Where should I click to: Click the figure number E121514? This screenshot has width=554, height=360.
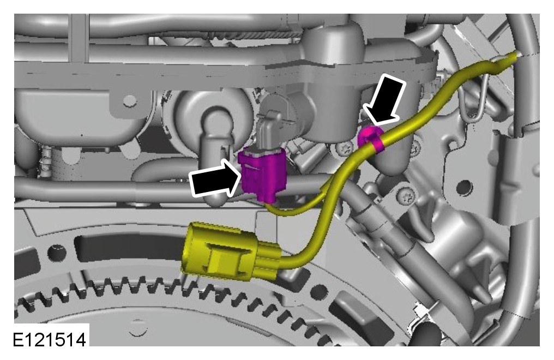coord(50,340)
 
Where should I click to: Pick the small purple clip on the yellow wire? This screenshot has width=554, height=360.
coord(370,139)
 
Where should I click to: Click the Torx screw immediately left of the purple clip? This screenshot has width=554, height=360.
coord(342,149)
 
